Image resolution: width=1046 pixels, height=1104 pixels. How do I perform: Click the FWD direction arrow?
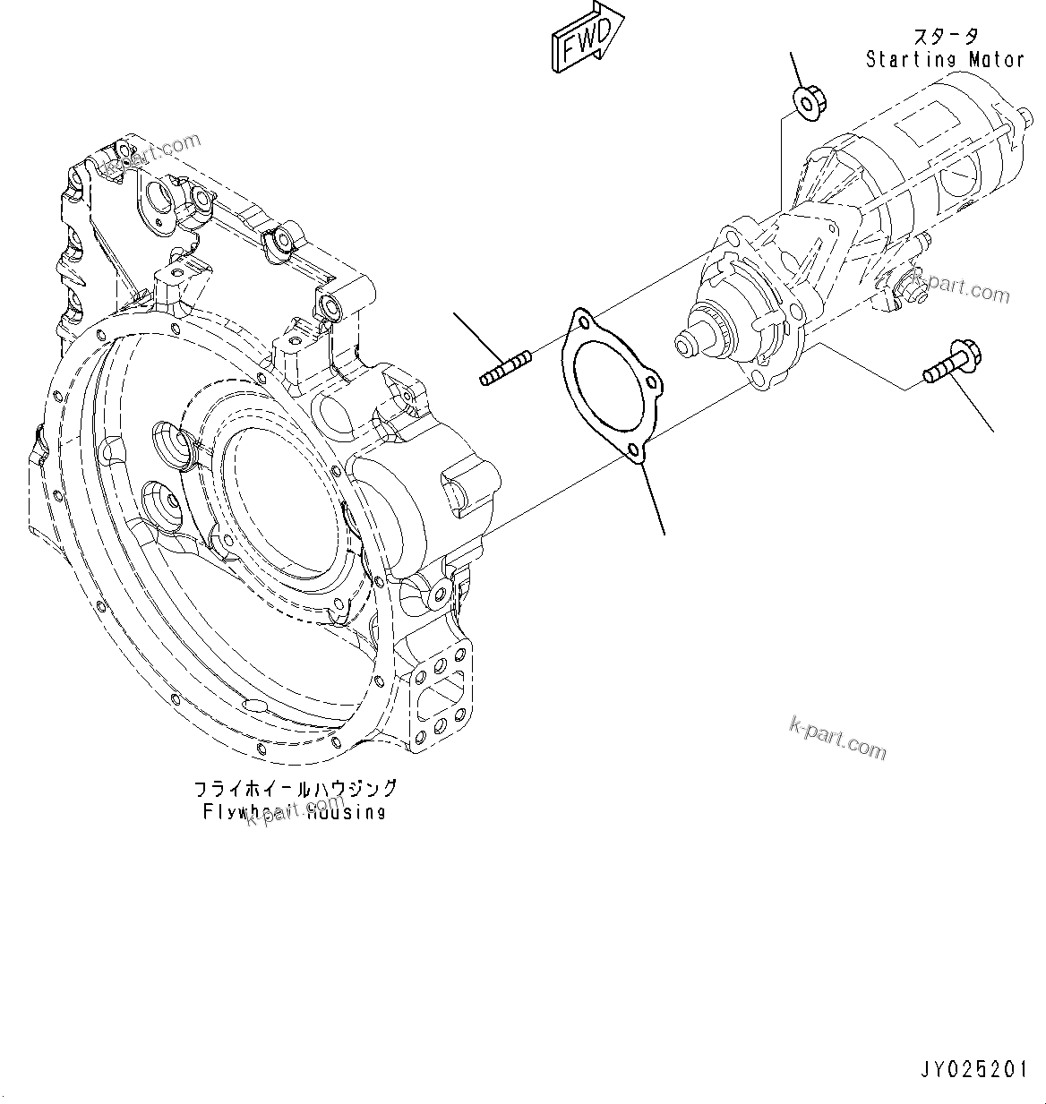pyautogui.click(x=587, y=37)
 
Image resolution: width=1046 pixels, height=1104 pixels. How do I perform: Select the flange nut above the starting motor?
pyautogui.click(x=810, y=101)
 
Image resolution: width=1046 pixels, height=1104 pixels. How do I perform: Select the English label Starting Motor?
pyautogui.click(x=944, y=60)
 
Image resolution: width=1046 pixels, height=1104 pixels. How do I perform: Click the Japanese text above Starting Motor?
pyautogui.click(x=945, y=37)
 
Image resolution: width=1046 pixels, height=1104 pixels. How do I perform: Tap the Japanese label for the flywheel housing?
pyautogui.click(x=295, y=789)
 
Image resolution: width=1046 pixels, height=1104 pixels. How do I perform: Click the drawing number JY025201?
pyautogui.click(x=973, y=1068)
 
